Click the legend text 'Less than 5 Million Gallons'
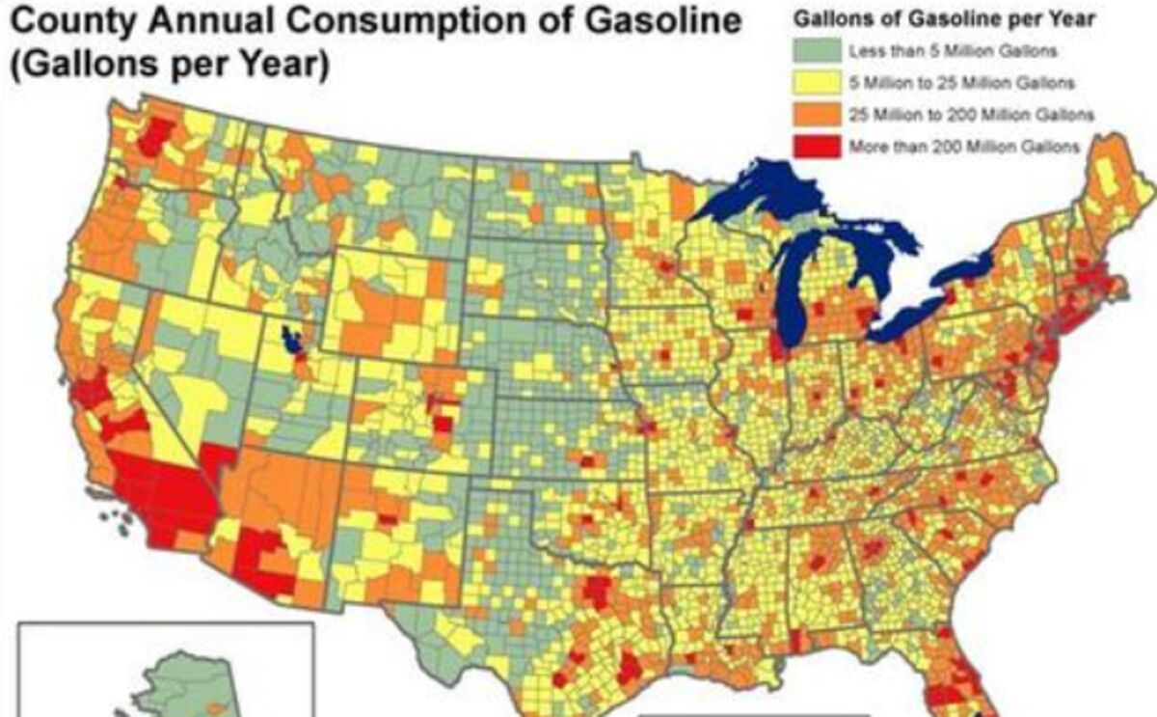(x=951, y=49)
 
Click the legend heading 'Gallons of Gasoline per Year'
(x=942, y=18)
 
